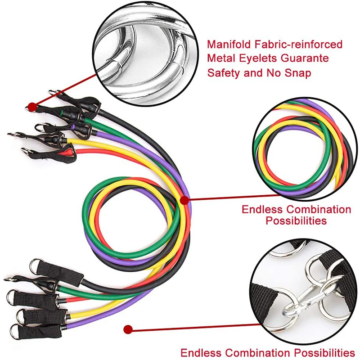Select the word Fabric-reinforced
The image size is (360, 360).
[x=297, y=45]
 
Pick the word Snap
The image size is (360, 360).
[x=297, y=72]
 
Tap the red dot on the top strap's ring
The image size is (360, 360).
[x=31, y=107]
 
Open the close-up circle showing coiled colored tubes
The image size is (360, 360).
[x=305, y=145]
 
